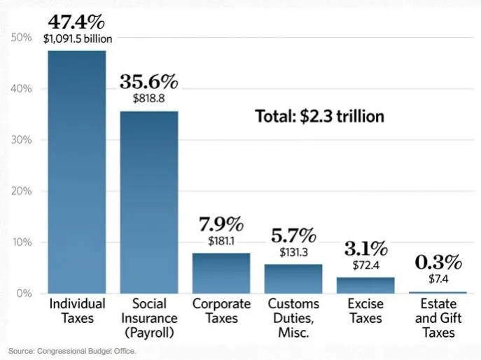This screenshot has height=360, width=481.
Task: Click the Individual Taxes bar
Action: click(77, 172)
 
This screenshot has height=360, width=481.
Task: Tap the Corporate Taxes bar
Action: click(221, 273)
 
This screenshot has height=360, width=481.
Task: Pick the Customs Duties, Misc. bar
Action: click(293, 279)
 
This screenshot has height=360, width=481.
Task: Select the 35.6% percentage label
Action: click(148, 81)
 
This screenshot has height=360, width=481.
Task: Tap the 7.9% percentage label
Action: click(221, 225)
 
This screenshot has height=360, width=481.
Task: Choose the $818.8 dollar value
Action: click(148, 99)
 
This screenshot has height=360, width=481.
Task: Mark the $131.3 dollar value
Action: click(293, 252)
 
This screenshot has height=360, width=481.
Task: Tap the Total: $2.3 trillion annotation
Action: click(319, 116)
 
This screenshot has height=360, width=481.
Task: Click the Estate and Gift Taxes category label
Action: click(438, 318)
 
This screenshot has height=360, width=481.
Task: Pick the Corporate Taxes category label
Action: click(221, 311)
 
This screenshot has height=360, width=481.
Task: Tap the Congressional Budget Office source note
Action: click(72, 350)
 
